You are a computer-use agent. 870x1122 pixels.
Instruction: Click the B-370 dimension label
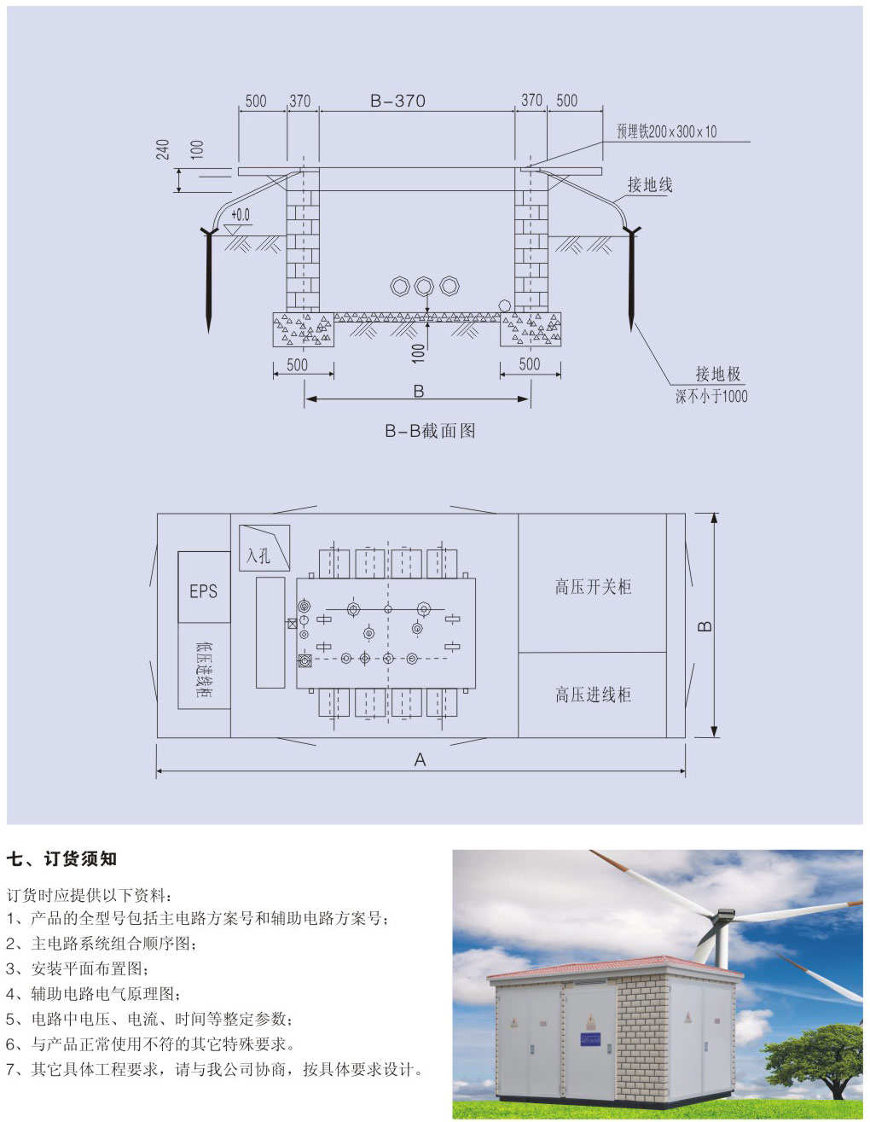click(397, 101)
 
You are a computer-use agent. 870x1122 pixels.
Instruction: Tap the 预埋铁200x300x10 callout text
click(667, 131)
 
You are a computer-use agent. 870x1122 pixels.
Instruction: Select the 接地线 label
click(650, 184)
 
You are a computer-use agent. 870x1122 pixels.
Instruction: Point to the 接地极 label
click(718, 374)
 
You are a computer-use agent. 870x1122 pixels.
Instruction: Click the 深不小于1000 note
click(711, 396)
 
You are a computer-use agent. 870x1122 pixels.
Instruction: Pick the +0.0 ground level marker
click(240, 214)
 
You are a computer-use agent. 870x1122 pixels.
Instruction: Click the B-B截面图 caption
click(430, 430)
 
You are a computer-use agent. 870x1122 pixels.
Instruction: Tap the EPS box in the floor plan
click(204, 586)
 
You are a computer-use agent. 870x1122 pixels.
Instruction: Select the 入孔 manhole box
click(264, 547)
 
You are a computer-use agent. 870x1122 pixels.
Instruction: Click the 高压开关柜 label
click(593, 587)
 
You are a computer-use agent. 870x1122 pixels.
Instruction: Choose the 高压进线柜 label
click(593, 695)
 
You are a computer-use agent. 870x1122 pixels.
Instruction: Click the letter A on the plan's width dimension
click(420, 759)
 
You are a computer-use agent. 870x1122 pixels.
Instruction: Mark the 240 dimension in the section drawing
click(163, 149)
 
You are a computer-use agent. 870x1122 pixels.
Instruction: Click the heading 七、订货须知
click(61, 858)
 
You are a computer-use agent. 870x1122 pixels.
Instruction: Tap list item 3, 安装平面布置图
click(78, 968)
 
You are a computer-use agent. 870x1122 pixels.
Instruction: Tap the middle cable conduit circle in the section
click(424, 286)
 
